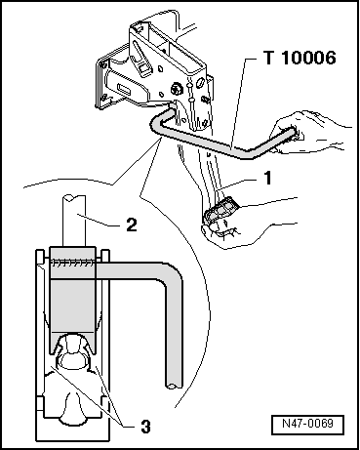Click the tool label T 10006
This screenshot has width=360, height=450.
[x=300, y=58]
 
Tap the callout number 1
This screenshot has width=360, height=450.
[x=267, y=178]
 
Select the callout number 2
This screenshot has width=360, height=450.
[x=132, y=225]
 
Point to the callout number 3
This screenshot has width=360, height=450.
[x=146, y=426]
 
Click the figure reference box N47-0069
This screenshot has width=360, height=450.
[x=307, y=425]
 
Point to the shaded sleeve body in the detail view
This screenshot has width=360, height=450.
[x=72, y=300]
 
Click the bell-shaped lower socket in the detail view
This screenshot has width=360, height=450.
[x=72, y=407]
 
